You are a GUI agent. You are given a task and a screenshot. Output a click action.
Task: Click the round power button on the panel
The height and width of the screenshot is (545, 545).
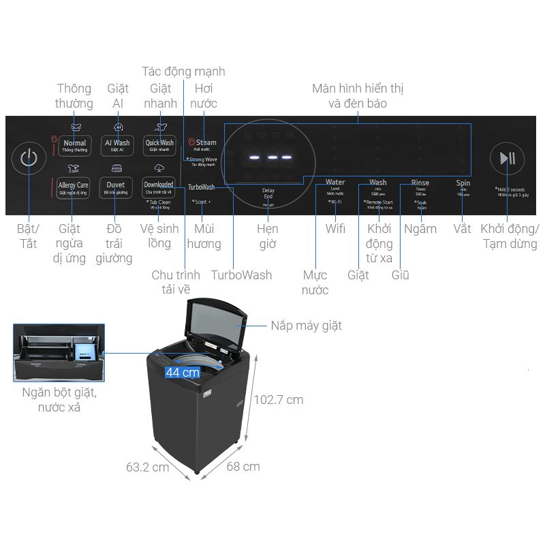pos(28,159)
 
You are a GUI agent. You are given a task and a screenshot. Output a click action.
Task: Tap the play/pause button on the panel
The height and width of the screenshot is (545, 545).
pos(507,159)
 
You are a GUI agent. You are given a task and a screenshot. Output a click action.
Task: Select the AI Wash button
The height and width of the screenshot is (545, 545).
pos(116,145)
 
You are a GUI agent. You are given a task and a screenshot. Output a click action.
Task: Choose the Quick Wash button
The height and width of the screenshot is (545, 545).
pos(159,145)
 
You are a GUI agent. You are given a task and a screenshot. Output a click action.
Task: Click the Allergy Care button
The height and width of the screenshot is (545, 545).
pos(73,187)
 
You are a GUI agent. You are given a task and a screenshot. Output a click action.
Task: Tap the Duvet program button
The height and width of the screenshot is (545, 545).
pos(115,187)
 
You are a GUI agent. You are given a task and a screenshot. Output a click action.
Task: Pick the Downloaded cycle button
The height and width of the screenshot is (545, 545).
pos(158,187)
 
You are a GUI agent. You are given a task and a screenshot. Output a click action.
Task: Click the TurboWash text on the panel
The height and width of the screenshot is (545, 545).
pos(201,187)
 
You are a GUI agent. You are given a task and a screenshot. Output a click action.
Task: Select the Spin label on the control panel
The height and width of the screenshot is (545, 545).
pos(463,183)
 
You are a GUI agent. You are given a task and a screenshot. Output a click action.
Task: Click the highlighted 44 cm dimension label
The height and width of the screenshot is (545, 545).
pos(183,372)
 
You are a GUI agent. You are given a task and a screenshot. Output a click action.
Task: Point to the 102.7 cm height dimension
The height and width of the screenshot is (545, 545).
pos(278,400)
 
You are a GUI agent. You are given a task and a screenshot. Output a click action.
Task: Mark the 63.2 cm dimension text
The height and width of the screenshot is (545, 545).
pos(147,467)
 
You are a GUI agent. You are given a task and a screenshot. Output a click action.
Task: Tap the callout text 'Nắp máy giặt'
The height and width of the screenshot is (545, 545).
pos(306,326)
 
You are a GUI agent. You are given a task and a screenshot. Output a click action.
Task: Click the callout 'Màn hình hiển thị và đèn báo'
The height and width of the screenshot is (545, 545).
pos(357,96)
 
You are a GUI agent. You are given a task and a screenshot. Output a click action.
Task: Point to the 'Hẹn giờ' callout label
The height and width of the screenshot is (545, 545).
pos(268,236)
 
